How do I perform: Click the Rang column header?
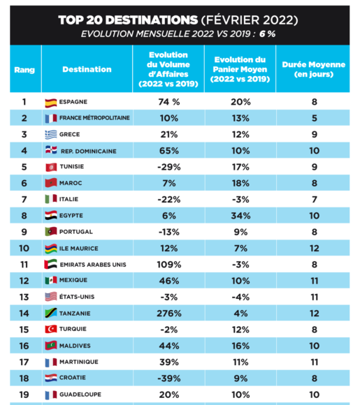pos(24,70)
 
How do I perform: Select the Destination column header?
pos(87,69)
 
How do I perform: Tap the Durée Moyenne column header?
pos(313,69)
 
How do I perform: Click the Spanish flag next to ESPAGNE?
pos(51,103)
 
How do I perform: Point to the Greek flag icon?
pos(51,135)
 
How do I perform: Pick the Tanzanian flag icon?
pos(51,313)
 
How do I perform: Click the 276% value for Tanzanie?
pos(169,314)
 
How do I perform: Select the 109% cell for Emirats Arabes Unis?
pos(169,265)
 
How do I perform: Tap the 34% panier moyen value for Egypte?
pos(240,216)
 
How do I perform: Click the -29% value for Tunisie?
pos(169,167)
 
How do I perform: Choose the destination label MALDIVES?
pos(75,346)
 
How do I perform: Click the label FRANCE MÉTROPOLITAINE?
pos(94,118)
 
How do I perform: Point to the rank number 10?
pos(24,248)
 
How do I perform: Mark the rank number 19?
pos(24,395)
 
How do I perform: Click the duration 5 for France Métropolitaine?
pos(315,118)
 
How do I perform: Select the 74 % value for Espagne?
pos(169,102)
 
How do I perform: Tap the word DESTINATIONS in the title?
pos(152,20)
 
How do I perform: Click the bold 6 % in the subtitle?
pos(267,34)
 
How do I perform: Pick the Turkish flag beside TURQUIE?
pos(51,329)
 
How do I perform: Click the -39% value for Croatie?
pos(169,378)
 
